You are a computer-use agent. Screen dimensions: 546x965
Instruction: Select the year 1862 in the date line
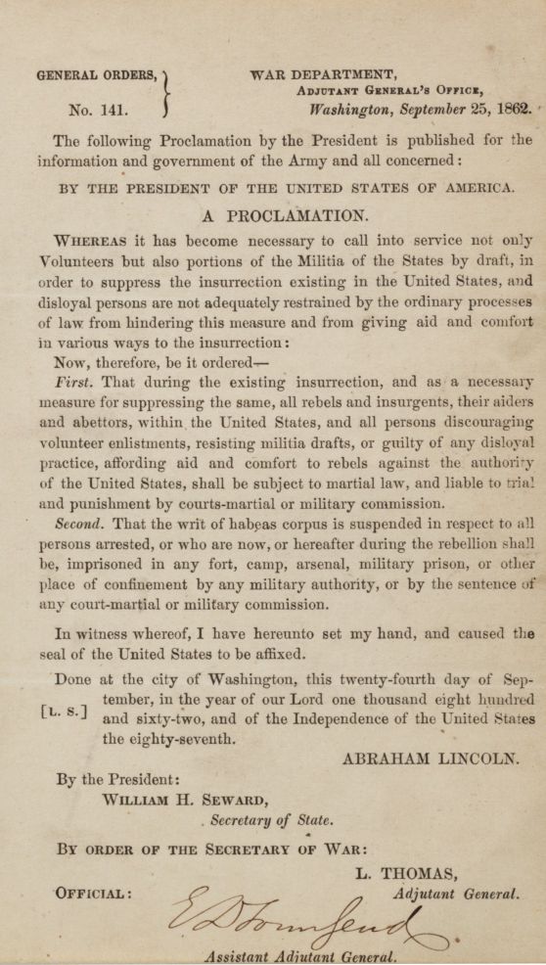pyautogui.click(x=509, y=110)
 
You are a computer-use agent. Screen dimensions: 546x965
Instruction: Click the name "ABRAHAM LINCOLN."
pyautogui.click(x=430, y=758)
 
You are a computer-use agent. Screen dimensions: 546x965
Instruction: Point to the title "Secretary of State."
pyautogui.click(x=271, y=821)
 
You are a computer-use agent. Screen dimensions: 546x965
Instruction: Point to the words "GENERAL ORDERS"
pyautogui.click(x=97, y=75)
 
